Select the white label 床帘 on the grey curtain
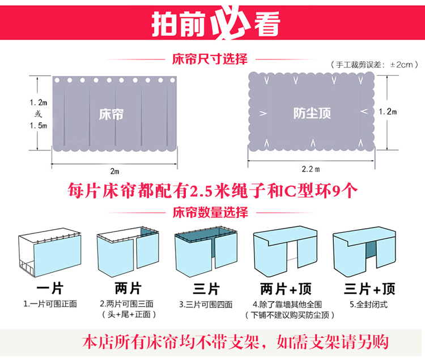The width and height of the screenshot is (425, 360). coord(110,114)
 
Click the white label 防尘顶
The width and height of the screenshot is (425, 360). coord(312,113)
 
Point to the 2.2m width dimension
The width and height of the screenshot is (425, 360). coord(312,169)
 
